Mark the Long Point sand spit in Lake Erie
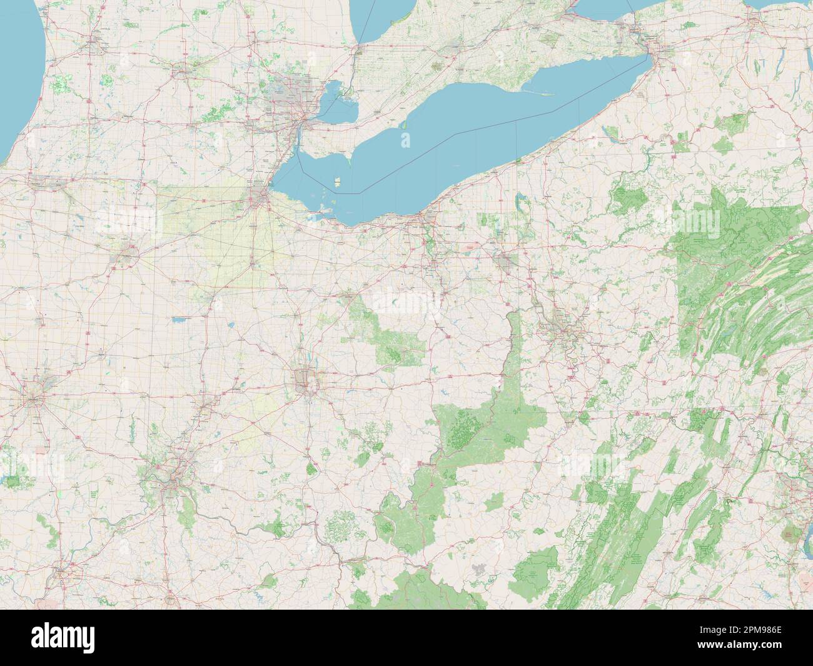pyautogui.click(x=538, y=94)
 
